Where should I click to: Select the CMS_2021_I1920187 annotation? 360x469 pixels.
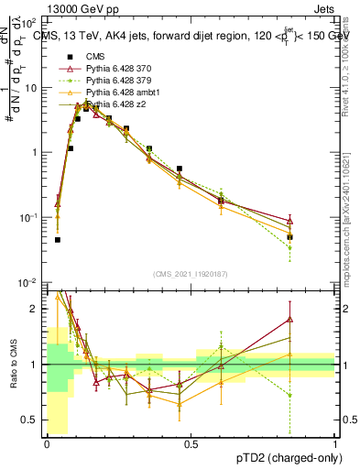tap(191, 274)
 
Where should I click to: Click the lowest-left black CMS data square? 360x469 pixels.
tap(58, 240)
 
